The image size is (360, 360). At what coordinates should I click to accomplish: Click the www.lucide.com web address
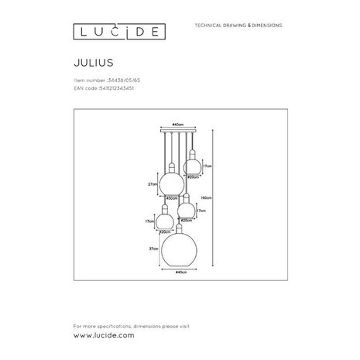click(x=103, y=335)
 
